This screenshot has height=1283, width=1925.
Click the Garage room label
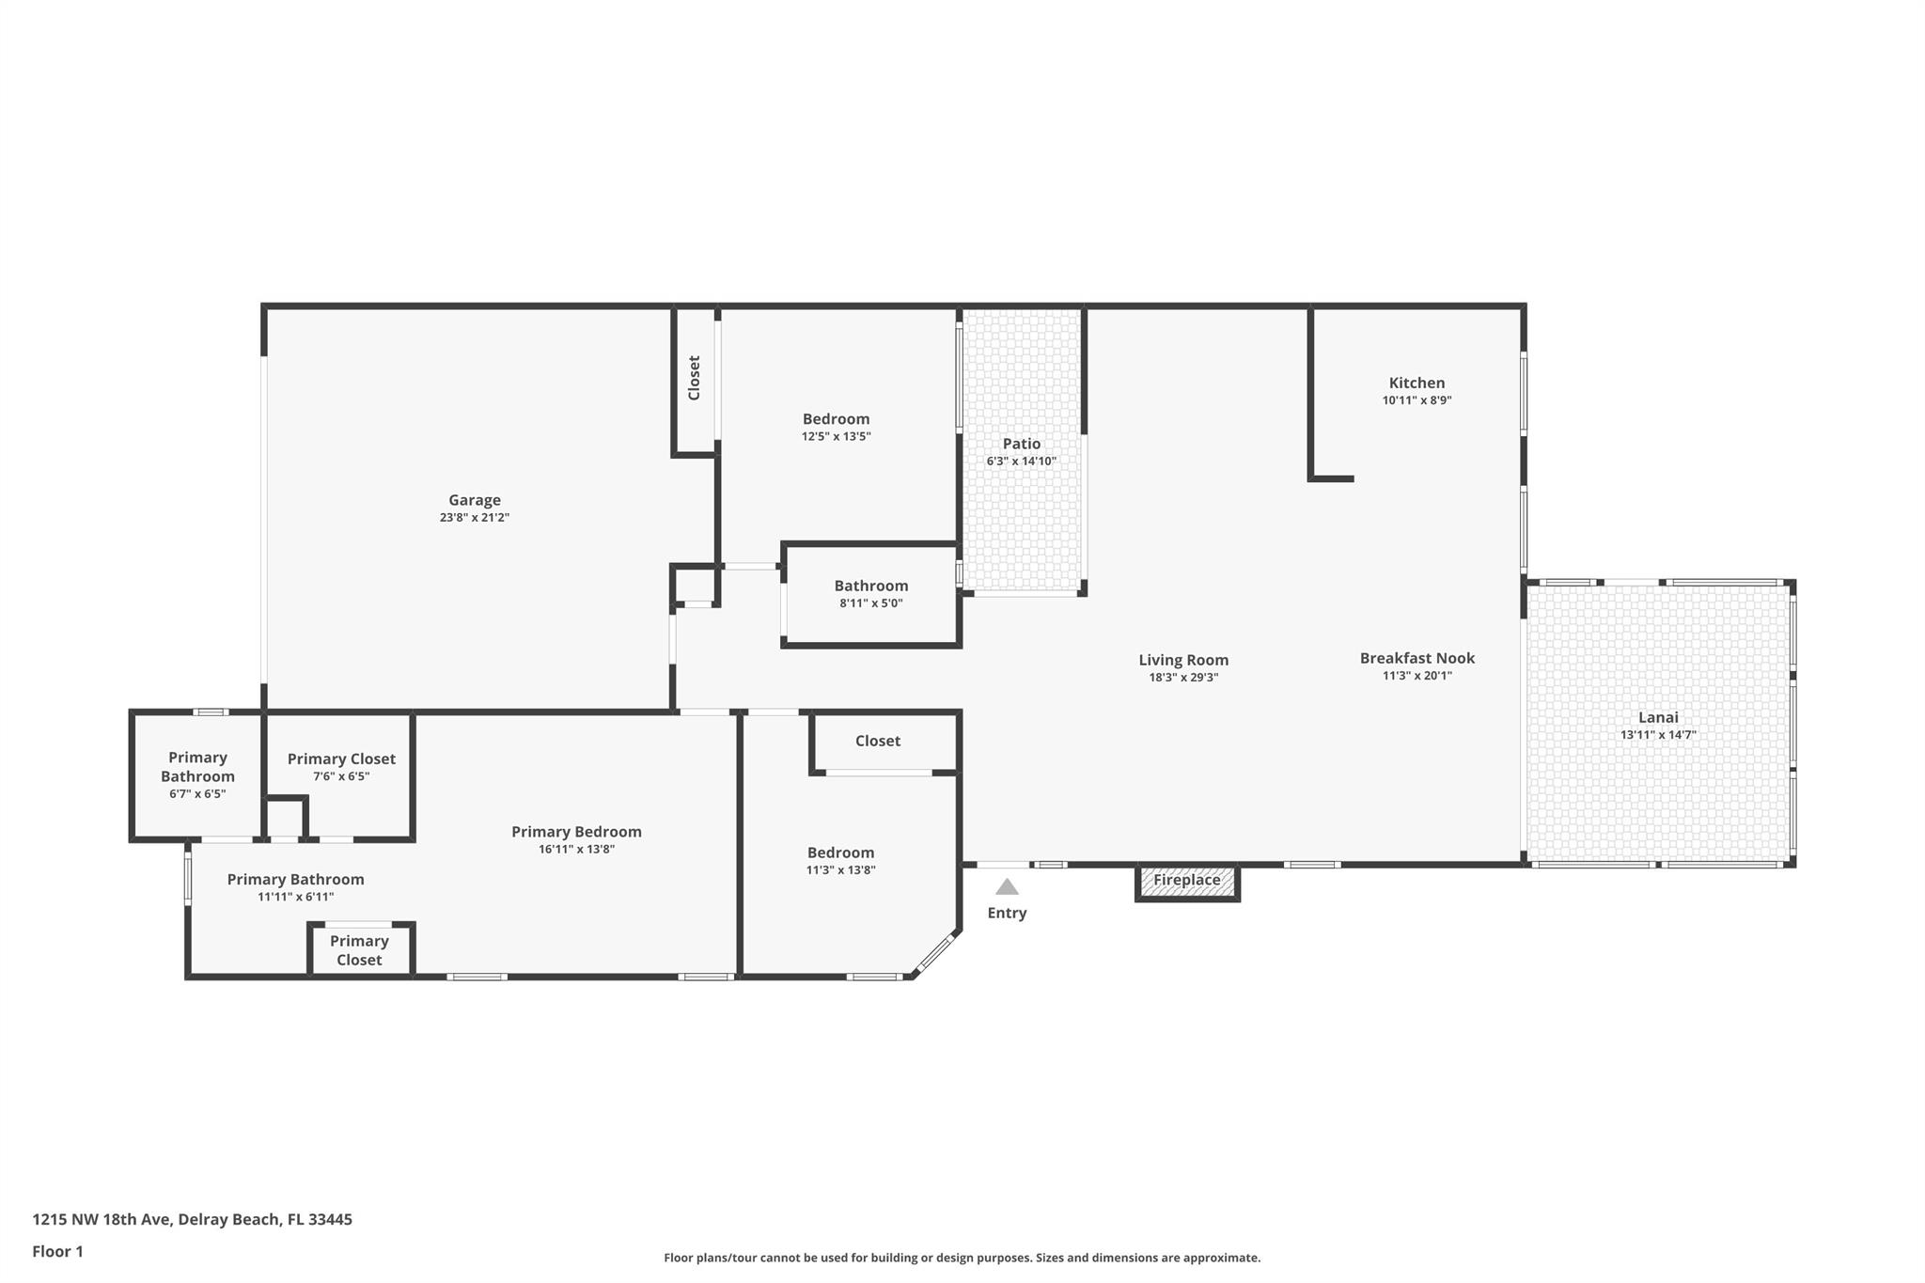(x=474, y=500)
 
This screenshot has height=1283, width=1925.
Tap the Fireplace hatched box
(x=1186, y=882)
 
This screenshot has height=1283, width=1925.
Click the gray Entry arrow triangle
(x=1007, y=886)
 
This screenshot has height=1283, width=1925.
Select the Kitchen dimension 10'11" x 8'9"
(x=1416, y=400)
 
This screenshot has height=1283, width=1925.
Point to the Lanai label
(x=1658, y=717)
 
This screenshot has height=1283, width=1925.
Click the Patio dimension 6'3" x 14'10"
(x=1021, y=462)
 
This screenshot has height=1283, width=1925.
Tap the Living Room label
(x=1183, y=660)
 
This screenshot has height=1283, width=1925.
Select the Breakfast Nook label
(x=1416, y=658)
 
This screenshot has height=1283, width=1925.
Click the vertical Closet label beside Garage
(x=695, y=378)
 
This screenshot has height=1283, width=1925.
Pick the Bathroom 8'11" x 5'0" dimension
(x=870, y=603)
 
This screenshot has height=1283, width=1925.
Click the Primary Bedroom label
(x=576, y=832)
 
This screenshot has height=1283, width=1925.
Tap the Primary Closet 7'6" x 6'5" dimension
(x=341, y=776)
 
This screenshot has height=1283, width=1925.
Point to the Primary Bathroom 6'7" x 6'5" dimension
(x=197, y=794)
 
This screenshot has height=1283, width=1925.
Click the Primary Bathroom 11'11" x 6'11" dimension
(x=295, y=897)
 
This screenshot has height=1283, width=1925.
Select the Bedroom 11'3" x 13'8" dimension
(x=840, y=870)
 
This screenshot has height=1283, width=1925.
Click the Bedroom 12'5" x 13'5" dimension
(x=836, y=436)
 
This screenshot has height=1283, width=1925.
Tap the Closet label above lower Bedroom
(x=877, y=741)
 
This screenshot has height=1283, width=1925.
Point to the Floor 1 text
(x=57, y=1251)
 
